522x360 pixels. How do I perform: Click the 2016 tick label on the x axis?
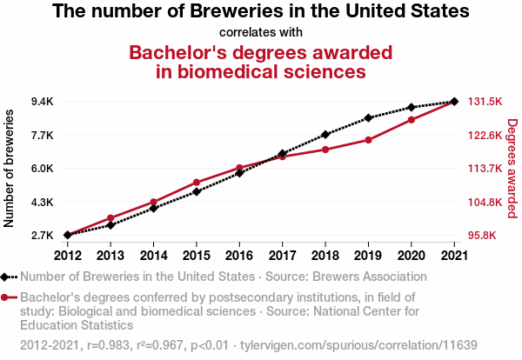pos(239,256)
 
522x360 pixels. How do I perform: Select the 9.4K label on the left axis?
pos(42,102)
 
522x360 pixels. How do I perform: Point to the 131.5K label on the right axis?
pos(485,102)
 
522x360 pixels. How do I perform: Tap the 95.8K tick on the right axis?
pos(484,236)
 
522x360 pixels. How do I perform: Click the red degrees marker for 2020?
pos(412,119)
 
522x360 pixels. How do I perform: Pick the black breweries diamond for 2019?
pos(368,117)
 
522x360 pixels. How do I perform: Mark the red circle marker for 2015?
pos(197,183)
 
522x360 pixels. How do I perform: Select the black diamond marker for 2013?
pos(110,225)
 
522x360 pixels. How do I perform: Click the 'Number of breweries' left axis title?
pos(10,169)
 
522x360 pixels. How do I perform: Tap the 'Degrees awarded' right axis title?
pos(512,169)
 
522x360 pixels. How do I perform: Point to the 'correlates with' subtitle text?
pos(261,32)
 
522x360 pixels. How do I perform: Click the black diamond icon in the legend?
pos(7,277)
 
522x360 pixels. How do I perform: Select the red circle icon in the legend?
pos(7,297)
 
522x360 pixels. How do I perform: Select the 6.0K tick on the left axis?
pos(42,169)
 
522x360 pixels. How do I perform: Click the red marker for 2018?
pos(325,150)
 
